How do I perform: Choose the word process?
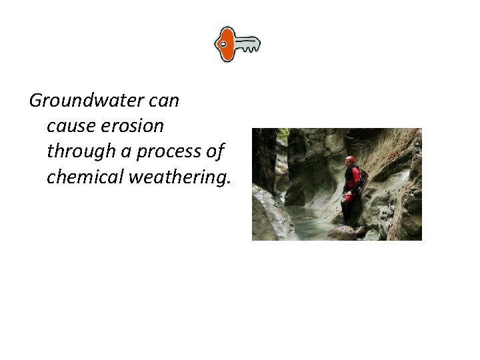pyautogui.click(x=169, y=152)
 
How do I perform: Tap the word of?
pyautogui.click(x=215, y=151)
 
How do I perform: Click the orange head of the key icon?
pyautogui.click(x=225, y=44)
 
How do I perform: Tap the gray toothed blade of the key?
pyautogui.click(x=248, y=45)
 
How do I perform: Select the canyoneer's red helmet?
pyautogui.click(x=350, y=160)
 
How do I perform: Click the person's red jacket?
pyautogui.click(x=351, y=178)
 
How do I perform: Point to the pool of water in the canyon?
pyautogui.click(x=307, y=223)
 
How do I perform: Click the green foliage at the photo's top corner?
pyautogui.click(x=283, y=133)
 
